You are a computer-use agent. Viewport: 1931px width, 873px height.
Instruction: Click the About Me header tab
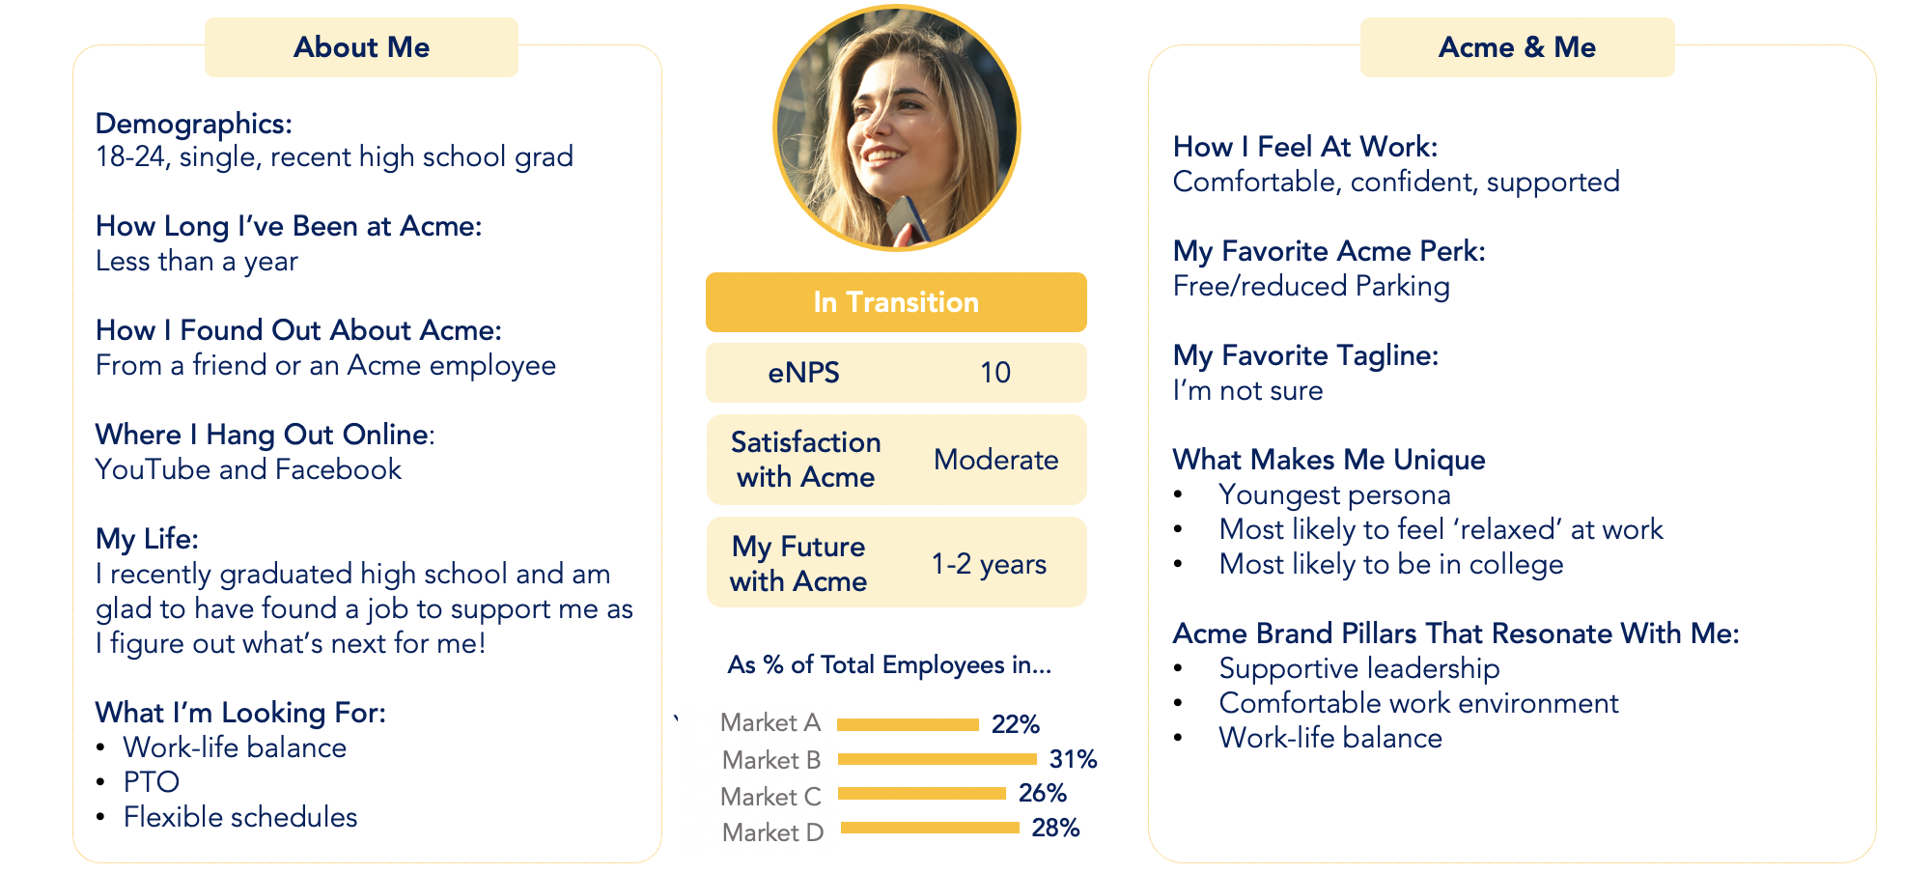click(x=361, y=47)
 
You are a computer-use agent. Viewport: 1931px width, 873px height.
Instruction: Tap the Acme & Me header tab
click(x=1517, y=47)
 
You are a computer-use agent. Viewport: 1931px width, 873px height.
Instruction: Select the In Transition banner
click(x=896, y=302)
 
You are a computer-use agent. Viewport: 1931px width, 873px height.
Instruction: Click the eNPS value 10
click(x=995, y=373)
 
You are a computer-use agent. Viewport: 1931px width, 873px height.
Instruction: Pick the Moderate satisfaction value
click(x=995, y=460)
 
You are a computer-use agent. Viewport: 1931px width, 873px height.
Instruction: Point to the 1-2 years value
click(x=989, y=564)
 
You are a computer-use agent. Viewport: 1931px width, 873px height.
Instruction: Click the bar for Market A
click(x=908, y=724)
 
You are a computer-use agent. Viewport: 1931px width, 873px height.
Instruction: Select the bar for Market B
click(x=937, y=759)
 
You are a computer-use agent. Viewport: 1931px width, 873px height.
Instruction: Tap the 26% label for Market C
click(x=1043, y=793)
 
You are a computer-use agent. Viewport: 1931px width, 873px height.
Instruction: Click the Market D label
click(x=772, y=832)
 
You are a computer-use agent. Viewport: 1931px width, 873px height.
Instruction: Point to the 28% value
click(x=1055, y=828)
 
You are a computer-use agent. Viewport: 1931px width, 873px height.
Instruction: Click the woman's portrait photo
click(x=897, y=127)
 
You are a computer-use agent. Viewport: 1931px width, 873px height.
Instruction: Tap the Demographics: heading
click(x=194, y=125)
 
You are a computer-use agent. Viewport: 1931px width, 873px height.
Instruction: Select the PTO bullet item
click(x=152, y=782)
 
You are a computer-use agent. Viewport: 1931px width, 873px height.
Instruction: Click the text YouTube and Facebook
click(x=248, y=469)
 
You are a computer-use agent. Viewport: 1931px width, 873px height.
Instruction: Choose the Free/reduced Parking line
click(x=1311, y=287)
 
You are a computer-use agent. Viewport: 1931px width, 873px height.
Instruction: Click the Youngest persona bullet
click(x=1334, y=495)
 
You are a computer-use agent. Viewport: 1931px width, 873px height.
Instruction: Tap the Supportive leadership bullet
click(x=1359, y=669)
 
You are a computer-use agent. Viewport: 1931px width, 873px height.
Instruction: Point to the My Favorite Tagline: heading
click(x=1305, y=356)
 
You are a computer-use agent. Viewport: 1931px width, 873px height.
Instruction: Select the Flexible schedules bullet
click(x=240, y=817)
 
